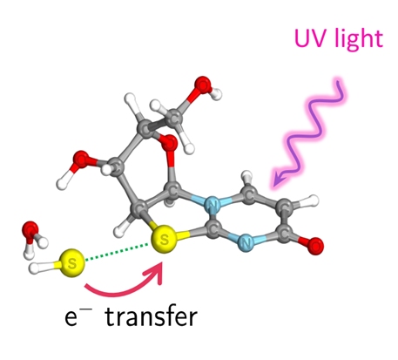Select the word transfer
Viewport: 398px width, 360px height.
pyautogui.click(x=152, y=316)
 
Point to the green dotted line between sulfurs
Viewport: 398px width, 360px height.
pyautogui.click(x=117, y=252)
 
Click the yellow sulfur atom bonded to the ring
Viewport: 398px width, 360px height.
pyautogui.click(x=164, y=239)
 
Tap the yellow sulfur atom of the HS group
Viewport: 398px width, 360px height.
pyautogui.click(x=71, y=263)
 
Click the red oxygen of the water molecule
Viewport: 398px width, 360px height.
pyautogui.click(x=30, y=229)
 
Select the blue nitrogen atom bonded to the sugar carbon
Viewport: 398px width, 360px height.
pyautogui.click(x=213, y=205)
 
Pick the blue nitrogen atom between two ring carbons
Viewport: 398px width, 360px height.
pyautogui.click(x=246, y=242)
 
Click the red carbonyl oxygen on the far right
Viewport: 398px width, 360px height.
pyautogui.click(x=315, y=246)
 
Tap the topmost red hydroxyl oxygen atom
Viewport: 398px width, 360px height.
pyautogui.click(x=202, y=85)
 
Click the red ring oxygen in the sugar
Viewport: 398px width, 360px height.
pyautogui.click(x=169, y=144)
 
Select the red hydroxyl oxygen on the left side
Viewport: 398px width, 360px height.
pyautogui.click(x=81, y=160)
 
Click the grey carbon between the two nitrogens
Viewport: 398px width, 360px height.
pyautogui.click(x=212, y=228)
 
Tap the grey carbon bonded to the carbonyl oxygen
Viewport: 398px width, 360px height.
pyautogui.click(x=284, y=233)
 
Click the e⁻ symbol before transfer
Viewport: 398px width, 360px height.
pyautogui.click(x=78, y=317)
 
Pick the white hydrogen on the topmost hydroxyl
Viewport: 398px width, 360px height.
pyautogui.click(x=216, y=94)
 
